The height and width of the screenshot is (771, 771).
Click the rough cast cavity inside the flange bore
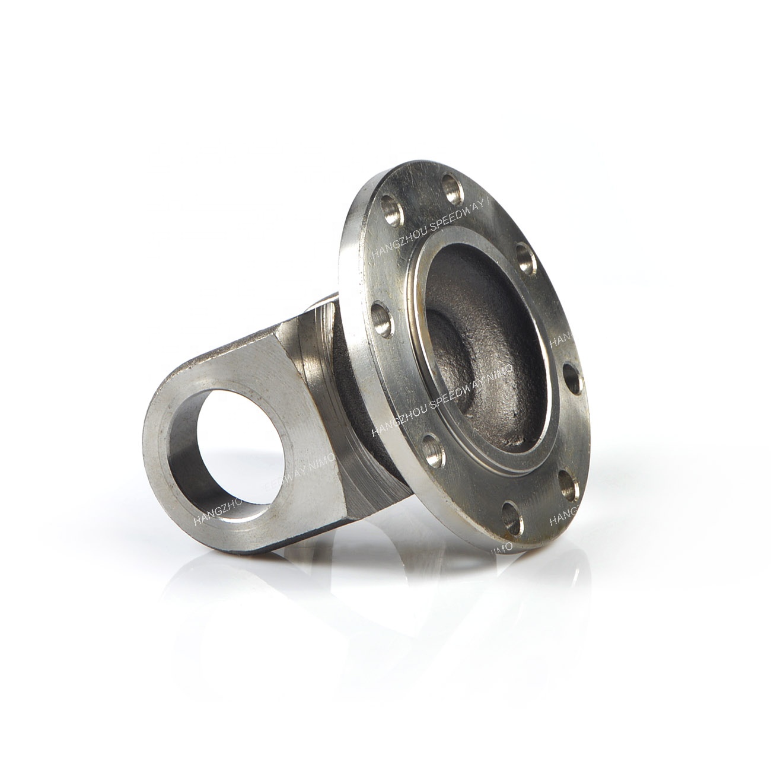click(474, 332)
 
